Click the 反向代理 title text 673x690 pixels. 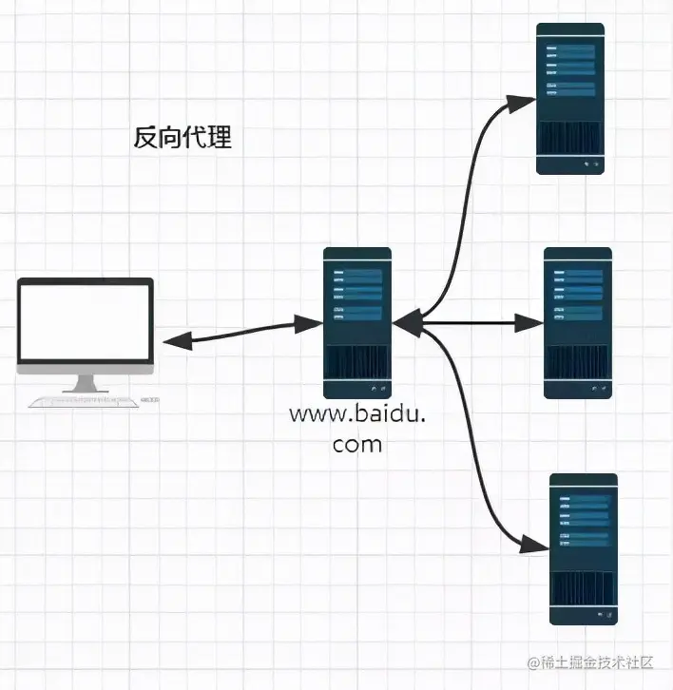pyautogui.click(x=182, y=139)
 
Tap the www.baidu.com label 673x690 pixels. pyautogui.click(x=357, y=428)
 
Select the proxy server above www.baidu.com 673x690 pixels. pyautogui.click(x=357, y=322)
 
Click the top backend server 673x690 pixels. pyautogui.click(x=570, y=99)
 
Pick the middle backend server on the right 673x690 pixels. pyautogui.click(x=577, y=322)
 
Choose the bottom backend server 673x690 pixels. pyautogui.click(x=584, y=548)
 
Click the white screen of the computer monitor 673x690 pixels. pyautogui.click(x=86, y=322)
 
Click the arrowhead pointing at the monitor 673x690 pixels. pyautogui.click(x=174, y=340)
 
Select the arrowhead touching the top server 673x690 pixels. pyautogui.click(x=524, y=98)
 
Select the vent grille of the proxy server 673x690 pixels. pyautogui.click(x=357, y=364)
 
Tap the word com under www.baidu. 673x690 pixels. pyautogui.click(x=357, y=443)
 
